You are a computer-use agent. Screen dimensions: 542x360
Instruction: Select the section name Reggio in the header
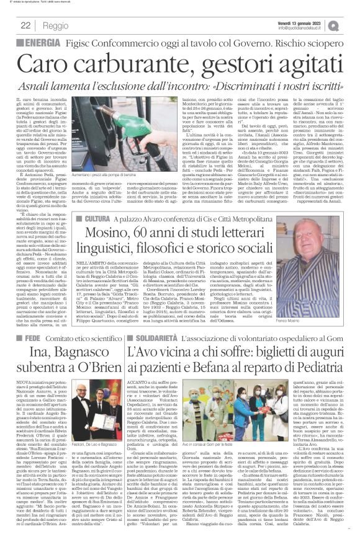[55, 25]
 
